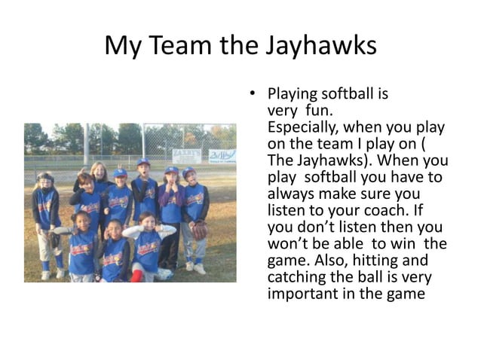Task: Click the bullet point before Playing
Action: [254, 95]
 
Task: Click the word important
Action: [300, 293]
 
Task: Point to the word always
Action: [289, 194]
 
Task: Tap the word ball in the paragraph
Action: [384, 276]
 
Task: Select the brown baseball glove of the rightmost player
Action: [199, 230]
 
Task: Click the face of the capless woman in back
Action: [99, 172]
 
